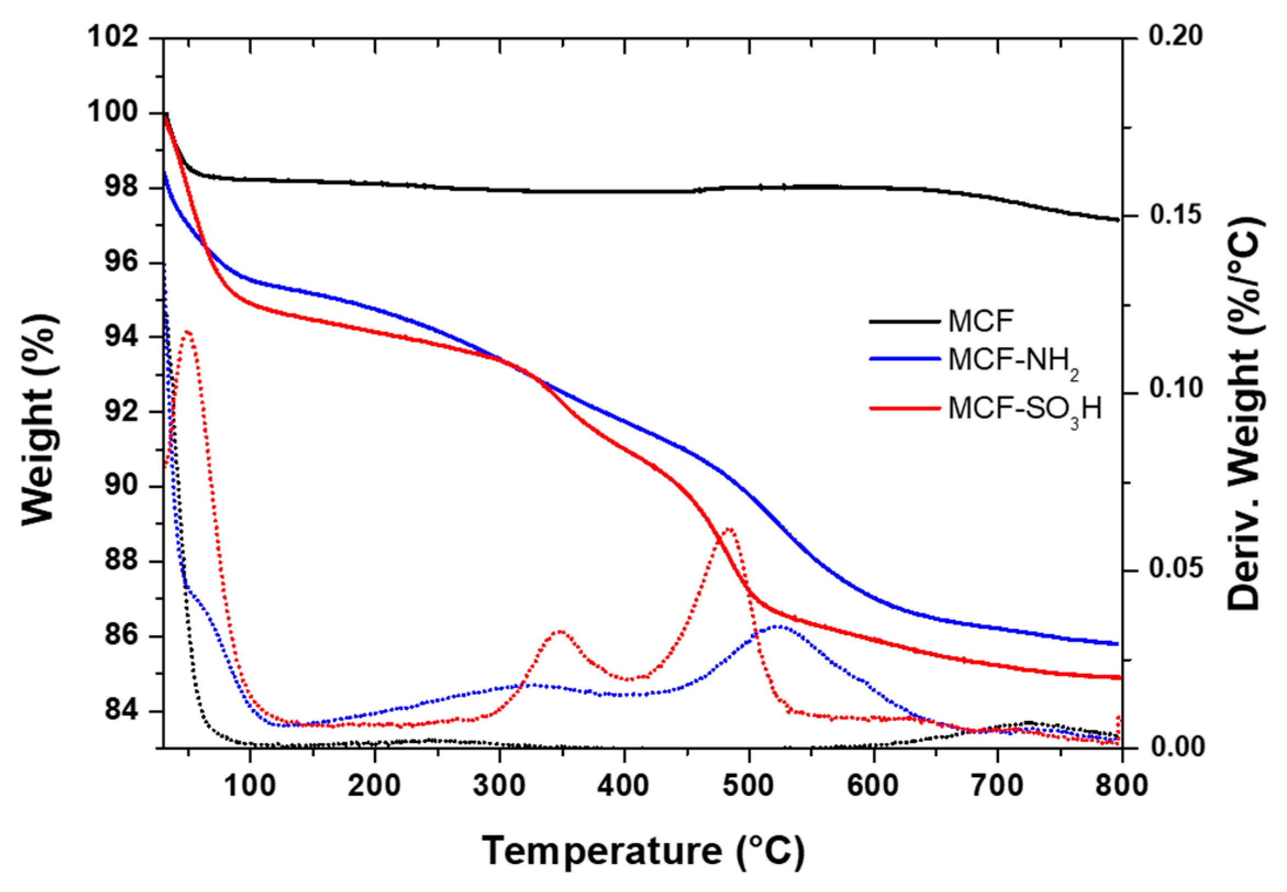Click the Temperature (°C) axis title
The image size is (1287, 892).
[642, 851]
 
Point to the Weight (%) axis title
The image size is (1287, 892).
[39, 419]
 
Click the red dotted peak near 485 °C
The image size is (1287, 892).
[728, 528]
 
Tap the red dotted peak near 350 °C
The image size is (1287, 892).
[560, 631]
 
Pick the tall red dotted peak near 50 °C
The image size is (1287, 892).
[188, 331]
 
